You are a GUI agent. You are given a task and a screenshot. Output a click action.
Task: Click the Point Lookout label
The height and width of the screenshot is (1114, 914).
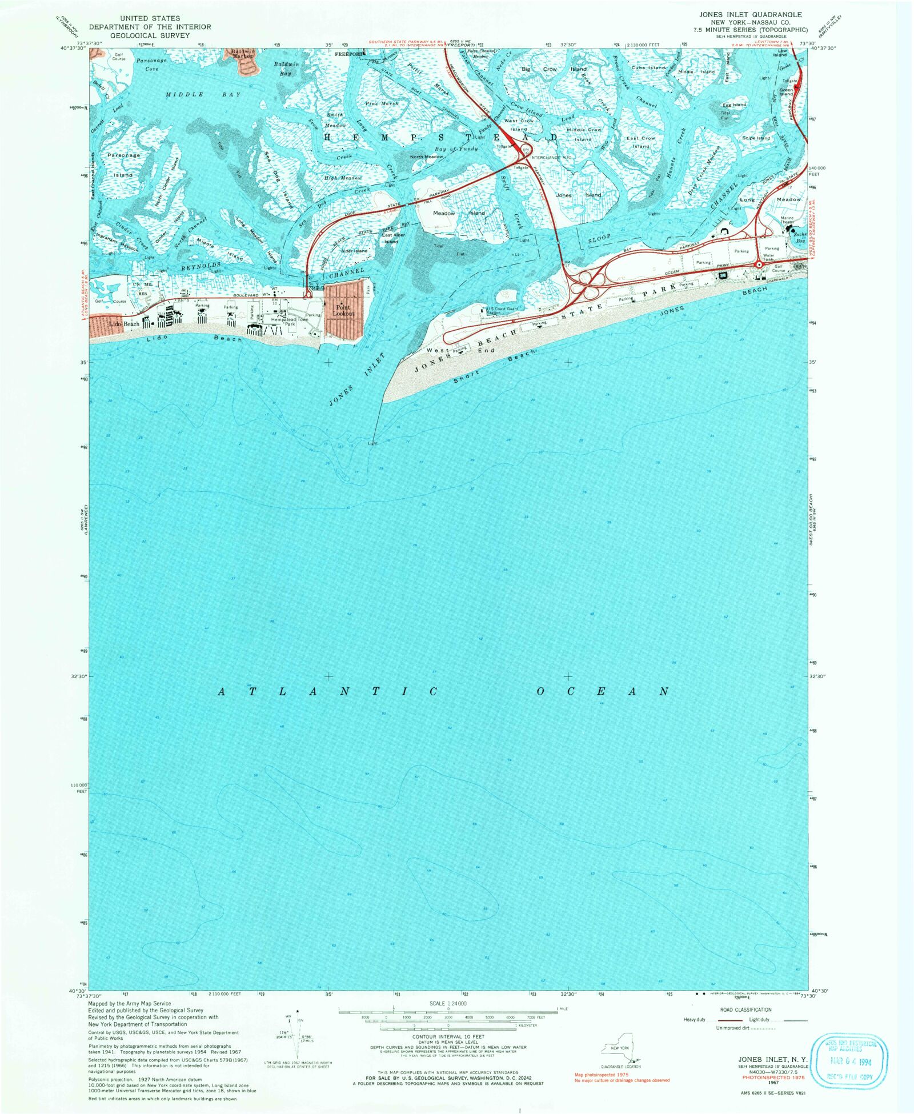[343, 310]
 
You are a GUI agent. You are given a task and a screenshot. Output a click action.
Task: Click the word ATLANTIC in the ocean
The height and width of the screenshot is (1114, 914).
[328, 692]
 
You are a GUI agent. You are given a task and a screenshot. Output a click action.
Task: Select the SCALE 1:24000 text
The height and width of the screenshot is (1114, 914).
[448, 1003]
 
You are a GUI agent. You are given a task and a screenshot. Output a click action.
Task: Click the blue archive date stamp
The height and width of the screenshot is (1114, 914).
[851, 1062]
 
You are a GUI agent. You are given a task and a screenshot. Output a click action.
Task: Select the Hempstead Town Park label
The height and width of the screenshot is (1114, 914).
[290, 322]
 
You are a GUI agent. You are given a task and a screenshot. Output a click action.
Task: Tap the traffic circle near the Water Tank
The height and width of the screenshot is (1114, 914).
[759, 265]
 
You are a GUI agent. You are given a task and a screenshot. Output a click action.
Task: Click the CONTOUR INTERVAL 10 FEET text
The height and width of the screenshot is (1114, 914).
[448, 1036]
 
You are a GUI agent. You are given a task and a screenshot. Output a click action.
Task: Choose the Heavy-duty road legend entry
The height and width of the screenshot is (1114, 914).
[694, 1020]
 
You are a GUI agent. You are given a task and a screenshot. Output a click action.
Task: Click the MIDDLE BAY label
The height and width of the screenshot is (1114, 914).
[203, 94]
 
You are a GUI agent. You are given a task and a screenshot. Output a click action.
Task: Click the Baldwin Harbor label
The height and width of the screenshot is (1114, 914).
[242, 54]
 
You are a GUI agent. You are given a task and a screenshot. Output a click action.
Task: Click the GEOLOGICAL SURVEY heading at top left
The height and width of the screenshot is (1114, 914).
[150, 35]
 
